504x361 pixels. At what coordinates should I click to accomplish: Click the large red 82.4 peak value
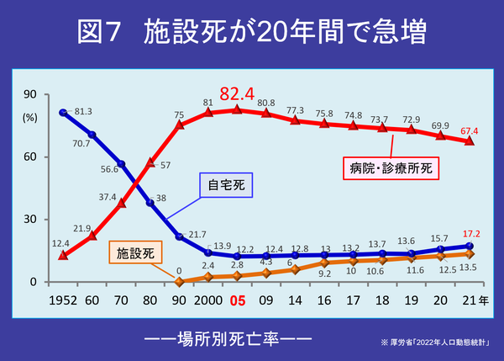pos(237,93)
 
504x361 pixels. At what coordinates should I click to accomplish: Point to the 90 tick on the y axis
pos(29,94)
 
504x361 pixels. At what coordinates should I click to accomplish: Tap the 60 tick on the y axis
pos(29,157)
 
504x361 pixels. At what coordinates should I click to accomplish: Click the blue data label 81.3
pos(83,111)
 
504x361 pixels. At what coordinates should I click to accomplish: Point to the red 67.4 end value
pos(470,130)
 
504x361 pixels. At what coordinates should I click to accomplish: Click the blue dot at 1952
pos(63,113)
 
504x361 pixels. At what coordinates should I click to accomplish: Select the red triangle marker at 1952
pos(63,255)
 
